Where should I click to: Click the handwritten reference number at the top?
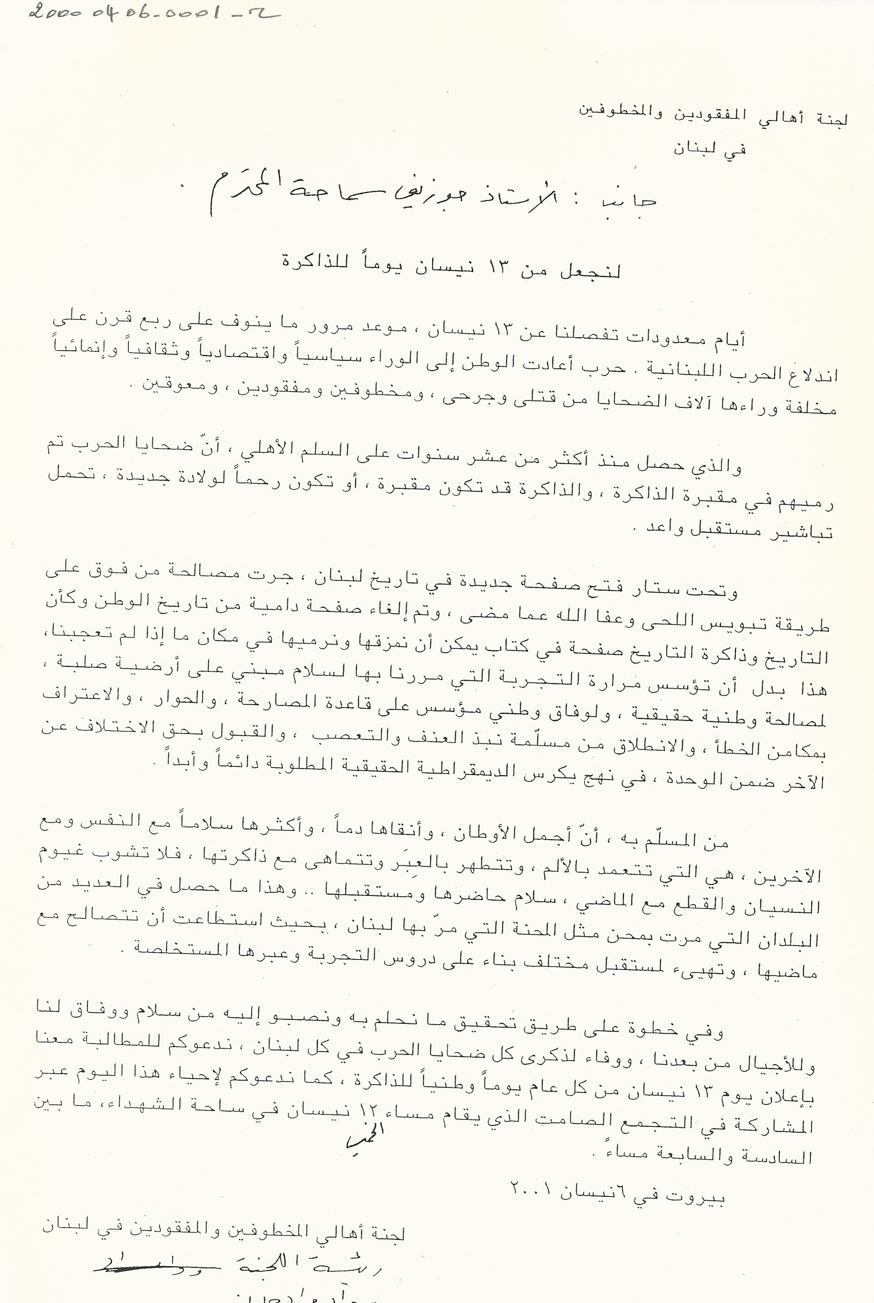(x=153, y=12)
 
